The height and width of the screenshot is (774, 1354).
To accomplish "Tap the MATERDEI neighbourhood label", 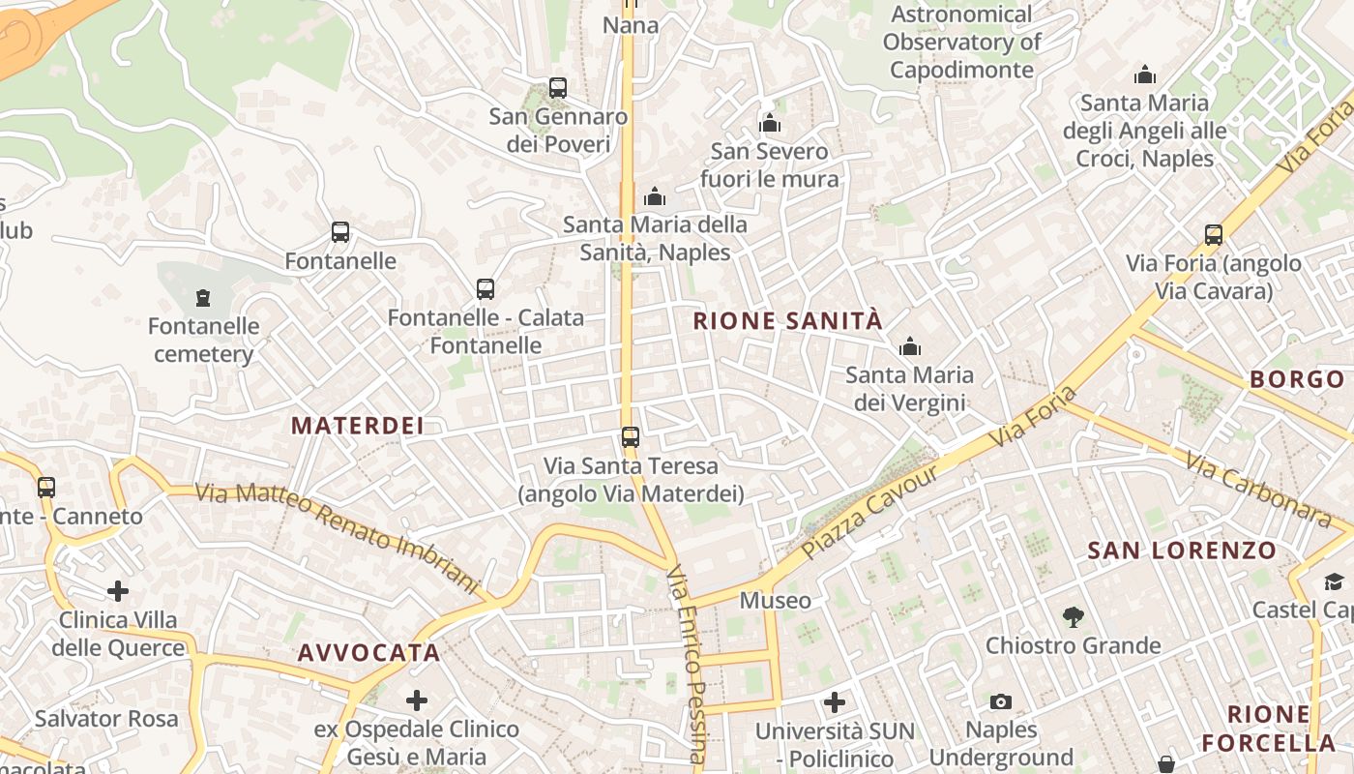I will [358, 426].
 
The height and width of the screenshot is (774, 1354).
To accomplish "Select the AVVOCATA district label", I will [369, 653].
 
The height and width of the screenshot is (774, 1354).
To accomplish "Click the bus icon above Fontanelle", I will [340, 232].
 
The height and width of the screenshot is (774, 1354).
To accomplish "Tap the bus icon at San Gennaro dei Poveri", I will [558, 88].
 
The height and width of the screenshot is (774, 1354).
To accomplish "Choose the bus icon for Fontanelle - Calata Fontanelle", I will [486, 289].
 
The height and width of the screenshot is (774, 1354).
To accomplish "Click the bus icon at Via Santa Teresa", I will [631, 437].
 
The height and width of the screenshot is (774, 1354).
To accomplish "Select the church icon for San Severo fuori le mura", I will [770, 123].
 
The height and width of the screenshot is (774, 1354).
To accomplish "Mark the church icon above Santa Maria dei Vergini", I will [910, 346].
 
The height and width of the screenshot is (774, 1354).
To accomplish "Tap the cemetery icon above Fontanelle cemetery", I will [203, 297].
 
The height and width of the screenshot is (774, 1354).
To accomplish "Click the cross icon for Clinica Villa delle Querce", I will [118, 590].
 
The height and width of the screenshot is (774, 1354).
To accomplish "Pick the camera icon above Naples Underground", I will [1001, 701].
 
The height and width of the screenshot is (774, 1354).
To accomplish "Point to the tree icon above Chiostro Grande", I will [1073, 616].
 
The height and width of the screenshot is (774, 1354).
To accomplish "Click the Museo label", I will [776, 601].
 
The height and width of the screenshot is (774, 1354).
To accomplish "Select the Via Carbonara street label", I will [1257, 491].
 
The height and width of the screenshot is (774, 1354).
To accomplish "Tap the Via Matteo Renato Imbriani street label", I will [338, 537].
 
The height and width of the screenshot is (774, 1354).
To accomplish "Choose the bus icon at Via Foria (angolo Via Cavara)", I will [1214, 235].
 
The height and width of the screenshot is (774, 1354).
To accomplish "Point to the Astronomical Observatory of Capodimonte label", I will [961, 43].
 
